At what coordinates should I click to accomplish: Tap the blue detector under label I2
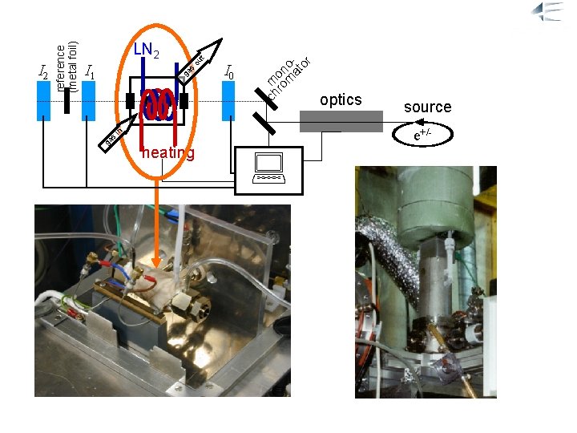[43, 100]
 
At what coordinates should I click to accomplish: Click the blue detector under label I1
[89, 100]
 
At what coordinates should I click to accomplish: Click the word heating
[167, 153]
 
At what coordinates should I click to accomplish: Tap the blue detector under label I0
[228, 100]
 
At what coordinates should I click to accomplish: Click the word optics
[341, 100]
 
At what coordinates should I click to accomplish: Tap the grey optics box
[341, 120]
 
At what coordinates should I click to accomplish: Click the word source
[427, 107]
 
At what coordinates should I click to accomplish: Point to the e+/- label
[424, 136]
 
